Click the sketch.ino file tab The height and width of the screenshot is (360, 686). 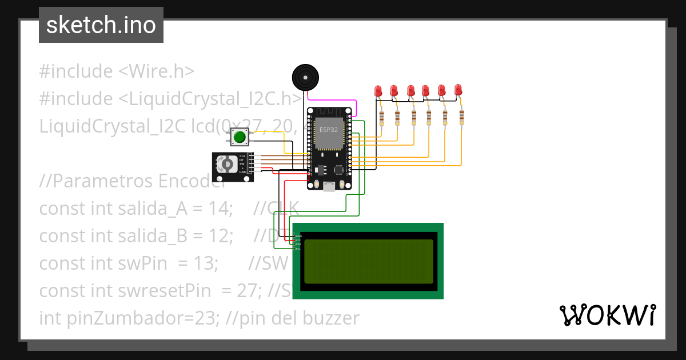point(101,25)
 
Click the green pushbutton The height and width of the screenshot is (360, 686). point(240,137)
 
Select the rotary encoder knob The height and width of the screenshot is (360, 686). point(227,165)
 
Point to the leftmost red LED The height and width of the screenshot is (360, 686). point(378,91)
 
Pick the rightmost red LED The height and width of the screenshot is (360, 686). point(458,90)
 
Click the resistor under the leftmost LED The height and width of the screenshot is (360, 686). point(381,118)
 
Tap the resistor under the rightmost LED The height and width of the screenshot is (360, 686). point(461,117)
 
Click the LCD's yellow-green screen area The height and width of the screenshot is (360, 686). point(368,261)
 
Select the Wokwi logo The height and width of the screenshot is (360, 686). point(607,315)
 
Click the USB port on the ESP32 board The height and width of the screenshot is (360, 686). point(329,186)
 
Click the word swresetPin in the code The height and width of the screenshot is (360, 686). point(155,291)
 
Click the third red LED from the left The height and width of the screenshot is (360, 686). point(410,91)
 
